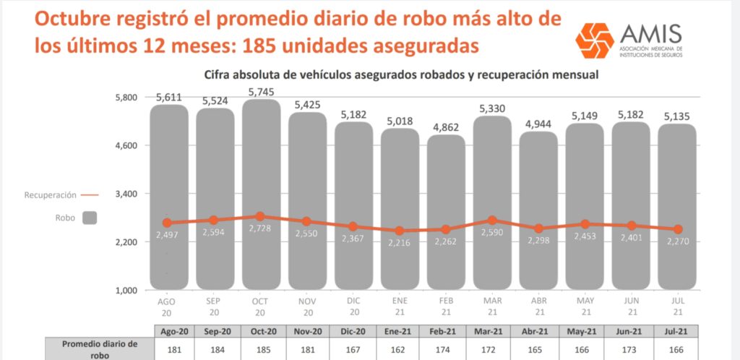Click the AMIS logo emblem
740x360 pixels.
pos(594,40)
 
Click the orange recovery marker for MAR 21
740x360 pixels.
pos(492,220)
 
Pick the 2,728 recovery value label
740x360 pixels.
pos(262,229)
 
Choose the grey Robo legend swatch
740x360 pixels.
pos(90,217)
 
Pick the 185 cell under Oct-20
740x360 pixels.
pos(262,349)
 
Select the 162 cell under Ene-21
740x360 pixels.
pos(400,349)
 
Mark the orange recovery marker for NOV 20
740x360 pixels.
pos(307,222)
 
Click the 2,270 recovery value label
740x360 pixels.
pos(677,243)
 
